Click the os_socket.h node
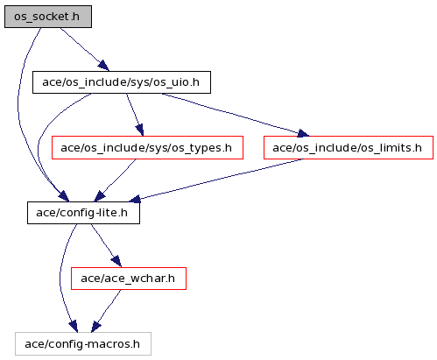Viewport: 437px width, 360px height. tap(48, 17)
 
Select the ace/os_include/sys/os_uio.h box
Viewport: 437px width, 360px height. tap(122, 82)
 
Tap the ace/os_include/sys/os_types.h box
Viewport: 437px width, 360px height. tap(147, 148)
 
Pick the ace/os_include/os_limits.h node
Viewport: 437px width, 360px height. tap(349, 148)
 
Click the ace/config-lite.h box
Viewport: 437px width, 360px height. tap(83, 213)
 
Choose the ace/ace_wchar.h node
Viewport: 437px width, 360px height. tap(129, 279)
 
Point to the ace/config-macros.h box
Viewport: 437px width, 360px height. tap(83, 343)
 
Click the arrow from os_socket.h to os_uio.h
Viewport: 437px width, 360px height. tap(85, 49)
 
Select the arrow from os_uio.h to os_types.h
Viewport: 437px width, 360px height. tap(135, 115)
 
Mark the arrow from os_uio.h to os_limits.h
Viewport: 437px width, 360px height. tap(235, 115)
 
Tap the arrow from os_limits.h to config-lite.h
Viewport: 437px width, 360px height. tap(216, 180)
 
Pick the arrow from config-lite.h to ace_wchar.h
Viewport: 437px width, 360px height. tap(106, 245)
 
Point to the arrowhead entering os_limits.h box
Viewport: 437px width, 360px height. tap(304, 134)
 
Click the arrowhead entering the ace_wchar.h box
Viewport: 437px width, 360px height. tap(116, 261)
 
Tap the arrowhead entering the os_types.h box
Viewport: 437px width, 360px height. tap(140, 131)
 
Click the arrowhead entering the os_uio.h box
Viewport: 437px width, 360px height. tap(103, 66)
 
